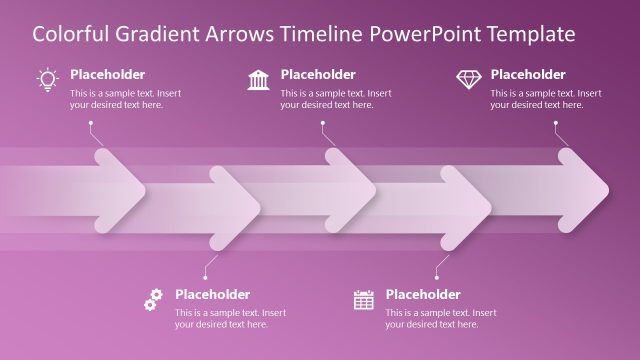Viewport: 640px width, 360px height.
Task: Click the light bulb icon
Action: point(47,79)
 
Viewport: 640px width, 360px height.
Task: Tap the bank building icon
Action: point(257,79)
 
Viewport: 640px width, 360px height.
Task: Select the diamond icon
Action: point(468,79)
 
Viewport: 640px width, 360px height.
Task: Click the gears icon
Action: point(153,298)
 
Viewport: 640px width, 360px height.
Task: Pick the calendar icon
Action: point(363,299)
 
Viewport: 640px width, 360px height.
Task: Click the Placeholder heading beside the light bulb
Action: point(107,75)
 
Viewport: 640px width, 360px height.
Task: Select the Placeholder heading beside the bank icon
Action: point(317,75)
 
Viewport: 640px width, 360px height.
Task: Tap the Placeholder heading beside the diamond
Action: point(528,75)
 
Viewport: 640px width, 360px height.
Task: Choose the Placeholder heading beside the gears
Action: point(212,294)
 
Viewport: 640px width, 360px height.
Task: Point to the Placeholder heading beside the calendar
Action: point(423,294)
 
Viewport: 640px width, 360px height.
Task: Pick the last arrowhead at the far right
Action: point(584,187)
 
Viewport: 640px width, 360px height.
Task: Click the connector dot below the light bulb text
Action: point(91,124)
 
